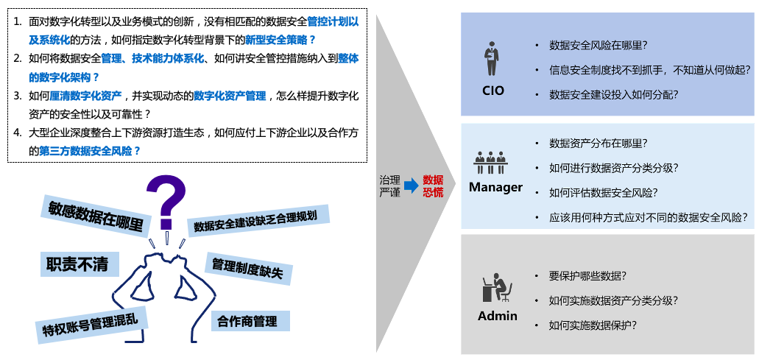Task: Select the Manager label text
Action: (x=495, y=187)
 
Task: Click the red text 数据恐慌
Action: (x=433, y=186)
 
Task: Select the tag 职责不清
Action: (x=77, y=264)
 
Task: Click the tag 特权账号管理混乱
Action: (x=91, y=321)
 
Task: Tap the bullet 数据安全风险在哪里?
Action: (x=599, y=46)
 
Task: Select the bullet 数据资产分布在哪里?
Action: (x=599, y=144)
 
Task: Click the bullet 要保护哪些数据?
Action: (x=587, y=276)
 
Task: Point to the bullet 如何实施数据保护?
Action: (x=593, y=325)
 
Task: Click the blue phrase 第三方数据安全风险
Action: (x=91, y=151)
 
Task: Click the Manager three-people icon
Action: (x=490, y=161)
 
